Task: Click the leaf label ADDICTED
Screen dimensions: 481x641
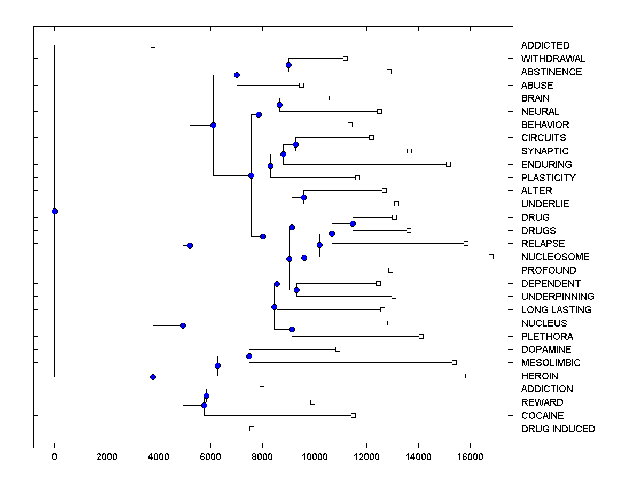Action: [545, 45]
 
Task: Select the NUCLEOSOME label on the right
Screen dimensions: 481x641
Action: [555, 257]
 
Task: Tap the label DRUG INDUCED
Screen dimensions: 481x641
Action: [558, 429]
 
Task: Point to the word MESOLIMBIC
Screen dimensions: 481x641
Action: [550, 363]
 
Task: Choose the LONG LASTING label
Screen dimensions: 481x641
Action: [556, 310]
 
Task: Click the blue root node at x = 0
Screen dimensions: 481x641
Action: [54, 211]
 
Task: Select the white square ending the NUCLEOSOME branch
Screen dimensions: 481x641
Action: [491, 257]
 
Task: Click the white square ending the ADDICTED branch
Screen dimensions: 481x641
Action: [153, 45]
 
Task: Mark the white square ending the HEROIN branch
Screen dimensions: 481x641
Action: [467, 376]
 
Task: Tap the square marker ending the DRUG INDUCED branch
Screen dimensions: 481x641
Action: [252, 429]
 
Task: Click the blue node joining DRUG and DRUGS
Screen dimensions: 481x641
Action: [353, 223]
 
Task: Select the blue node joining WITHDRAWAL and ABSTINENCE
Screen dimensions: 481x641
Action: [288, 65]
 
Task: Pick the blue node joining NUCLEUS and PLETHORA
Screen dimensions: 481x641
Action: [292, 329]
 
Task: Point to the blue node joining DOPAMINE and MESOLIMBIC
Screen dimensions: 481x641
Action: [249, 356]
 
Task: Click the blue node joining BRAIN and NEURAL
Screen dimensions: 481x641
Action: [279, 105]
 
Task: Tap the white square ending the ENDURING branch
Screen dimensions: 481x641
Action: [448, 164]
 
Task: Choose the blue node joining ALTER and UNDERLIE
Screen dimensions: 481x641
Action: [303, 197]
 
